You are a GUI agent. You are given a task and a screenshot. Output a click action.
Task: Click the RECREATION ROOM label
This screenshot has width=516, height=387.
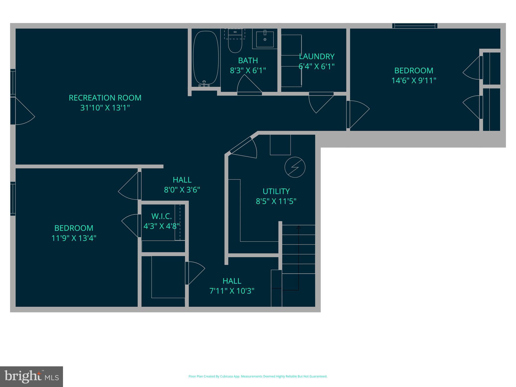coord(105,98)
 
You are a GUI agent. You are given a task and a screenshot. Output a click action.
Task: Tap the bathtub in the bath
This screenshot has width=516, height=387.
coord(206,58)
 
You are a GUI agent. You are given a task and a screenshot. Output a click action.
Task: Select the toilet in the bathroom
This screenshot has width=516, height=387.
coord(235,44)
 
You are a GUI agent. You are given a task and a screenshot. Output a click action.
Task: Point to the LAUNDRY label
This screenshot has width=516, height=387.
coord(317,56)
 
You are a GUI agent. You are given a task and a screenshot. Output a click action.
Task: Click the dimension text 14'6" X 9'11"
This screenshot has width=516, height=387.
coord(414,81)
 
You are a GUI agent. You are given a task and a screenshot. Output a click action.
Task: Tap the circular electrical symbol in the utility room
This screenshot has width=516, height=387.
coord(295,167)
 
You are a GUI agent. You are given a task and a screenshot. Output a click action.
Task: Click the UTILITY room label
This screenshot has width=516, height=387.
coord(276,191)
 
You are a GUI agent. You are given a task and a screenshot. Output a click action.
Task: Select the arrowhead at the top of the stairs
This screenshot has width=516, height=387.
coord(299,227)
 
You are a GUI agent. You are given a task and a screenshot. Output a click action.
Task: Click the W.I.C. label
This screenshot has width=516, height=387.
coord(162,216)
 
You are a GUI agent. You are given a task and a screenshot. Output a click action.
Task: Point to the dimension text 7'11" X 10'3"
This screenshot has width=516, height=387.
coord(232,291)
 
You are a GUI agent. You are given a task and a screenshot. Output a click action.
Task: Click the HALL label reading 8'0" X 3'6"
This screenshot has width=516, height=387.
coord(182,180)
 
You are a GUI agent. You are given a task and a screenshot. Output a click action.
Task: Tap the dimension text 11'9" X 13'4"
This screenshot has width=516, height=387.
coord(74,238)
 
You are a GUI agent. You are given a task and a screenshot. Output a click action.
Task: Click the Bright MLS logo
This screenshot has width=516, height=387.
coord(31,376)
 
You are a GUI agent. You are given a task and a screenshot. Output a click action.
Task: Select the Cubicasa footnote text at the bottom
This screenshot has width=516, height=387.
coord(258,376)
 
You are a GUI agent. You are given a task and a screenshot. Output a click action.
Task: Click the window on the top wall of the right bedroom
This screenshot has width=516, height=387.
coord(415,26)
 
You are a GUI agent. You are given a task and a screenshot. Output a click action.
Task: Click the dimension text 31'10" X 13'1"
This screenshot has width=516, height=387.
coord(105,108)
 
